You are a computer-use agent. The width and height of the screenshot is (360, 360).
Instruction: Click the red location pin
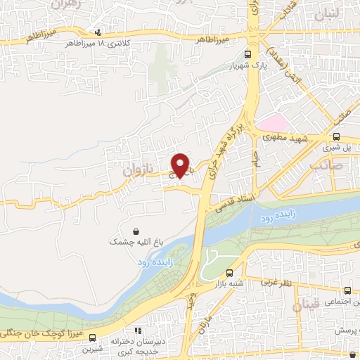coord(181,165)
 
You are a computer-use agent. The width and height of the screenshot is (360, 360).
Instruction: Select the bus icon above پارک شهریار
coord(247,54)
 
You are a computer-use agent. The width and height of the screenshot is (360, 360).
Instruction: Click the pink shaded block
coord(271,124)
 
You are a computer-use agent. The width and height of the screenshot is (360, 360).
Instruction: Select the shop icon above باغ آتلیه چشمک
coord(136,230)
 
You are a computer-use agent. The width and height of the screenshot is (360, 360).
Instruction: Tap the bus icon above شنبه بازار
coord(231,273)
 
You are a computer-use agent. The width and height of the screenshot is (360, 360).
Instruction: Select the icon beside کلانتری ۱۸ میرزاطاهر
coord(98,32)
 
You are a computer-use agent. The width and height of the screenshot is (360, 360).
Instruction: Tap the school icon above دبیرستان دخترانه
coord(138,330)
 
